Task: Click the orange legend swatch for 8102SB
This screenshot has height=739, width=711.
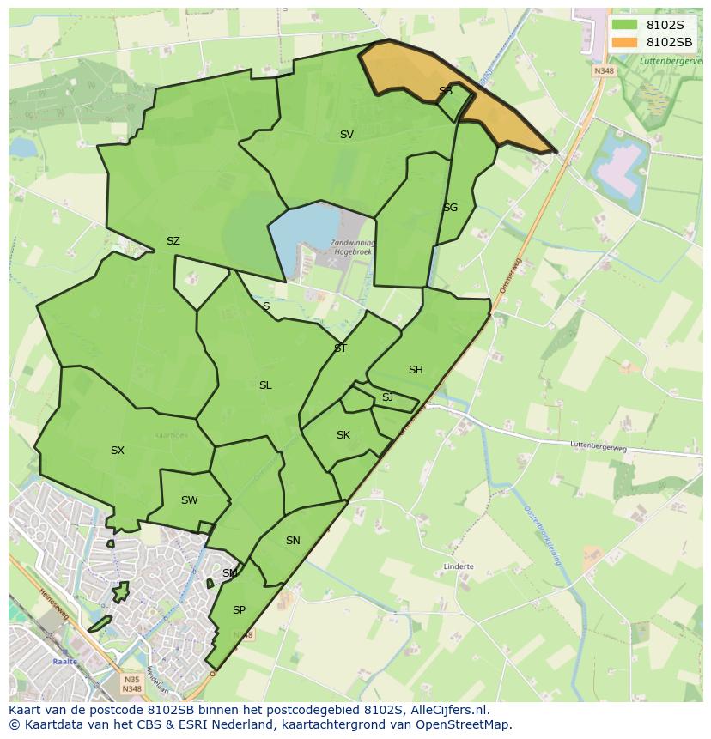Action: [x=625, y=42]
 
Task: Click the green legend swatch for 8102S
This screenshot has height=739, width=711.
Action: [x=625, y=25]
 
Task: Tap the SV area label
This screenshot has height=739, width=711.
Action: [x=346, y=135]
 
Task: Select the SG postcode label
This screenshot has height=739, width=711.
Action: [x=450, y=208]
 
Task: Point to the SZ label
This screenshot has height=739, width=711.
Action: [x=173, y=241]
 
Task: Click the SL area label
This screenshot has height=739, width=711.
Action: [x=265, y=385]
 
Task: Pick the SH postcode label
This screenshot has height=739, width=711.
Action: [x=416, y=370]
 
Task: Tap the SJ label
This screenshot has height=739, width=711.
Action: [x=387, y=397]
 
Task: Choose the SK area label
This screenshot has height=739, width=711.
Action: [x=343, y=435]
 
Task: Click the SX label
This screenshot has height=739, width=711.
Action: [x=118, y=451]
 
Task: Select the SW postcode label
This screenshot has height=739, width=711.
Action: [x=189, y=500]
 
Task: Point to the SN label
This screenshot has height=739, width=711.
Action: [x=293, y=541]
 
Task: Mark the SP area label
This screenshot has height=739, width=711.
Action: [x=239, y=610]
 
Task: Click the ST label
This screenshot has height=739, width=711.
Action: [x=340, y=348]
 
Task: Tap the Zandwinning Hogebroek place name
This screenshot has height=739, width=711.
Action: [x=352, y=248]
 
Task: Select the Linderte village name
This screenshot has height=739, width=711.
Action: [x=459, y=566]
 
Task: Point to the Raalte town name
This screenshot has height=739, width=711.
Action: [x=64, y=662]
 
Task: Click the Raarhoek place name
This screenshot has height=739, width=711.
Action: [x=170, y=435]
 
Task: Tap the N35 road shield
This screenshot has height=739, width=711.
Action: [x=131, y=679]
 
